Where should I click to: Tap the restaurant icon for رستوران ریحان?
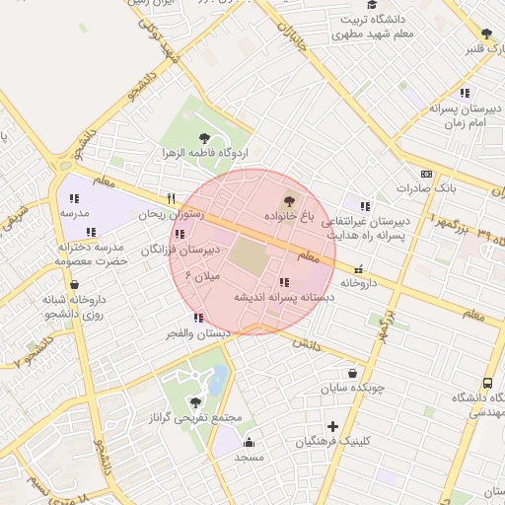pyautogui.click(x=171, y=197)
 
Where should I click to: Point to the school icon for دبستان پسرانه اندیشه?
pyautogui.click(x=284, y=282)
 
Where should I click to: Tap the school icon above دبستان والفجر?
pyautogui.click(x=198, y=318)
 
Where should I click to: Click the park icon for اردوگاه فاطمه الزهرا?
pyautogui.click(x=204, y=139)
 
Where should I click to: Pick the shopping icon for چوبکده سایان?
pyautogui.click(x=353, y=373)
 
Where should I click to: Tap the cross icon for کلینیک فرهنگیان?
pyautogui.click(x=333, y=427)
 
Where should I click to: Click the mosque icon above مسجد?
pyautogui.click(x=250, y=442)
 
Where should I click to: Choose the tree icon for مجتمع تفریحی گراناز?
pyautogui.click(x=194, y=402)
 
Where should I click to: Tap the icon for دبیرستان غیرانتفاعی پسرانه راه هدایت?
pyautogui.click(x=365, y=207)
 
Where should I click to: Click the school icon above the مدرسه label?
pyautogui.click(x=74, y=198)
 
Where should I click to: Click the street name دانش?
pyautogui.click(x=308, y=345)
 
